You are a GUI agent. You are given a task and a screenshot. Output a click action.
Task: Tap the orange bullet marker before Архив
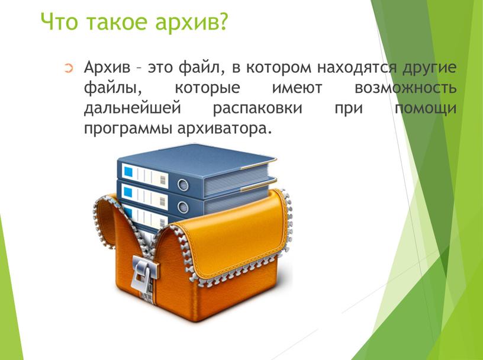69,68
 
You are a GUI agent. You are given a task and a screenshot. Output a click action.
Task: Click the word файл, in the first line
201,67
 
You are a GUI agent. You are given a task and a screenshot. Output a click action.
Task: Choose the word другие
429,68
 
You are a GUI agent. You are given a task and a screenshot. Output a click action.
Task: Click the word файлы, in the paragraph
112,88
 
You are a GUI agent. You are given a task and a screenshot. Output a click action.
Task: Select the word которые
207,88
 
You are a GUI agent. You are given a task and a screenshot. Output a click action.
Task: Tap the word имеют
297,88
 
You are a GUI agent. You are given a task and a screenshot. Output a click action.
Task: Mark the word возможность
405,88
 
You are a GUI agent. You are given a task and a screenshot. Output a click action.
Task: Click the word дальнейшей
132,108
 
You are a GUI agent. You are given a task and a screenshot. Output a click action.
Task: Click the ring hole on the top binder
183,185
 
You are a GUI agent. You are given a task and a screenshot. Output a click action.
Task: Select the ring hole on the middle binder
183,207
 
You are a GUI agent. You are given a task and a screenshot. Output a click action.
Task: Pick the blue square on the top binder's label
128,172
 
